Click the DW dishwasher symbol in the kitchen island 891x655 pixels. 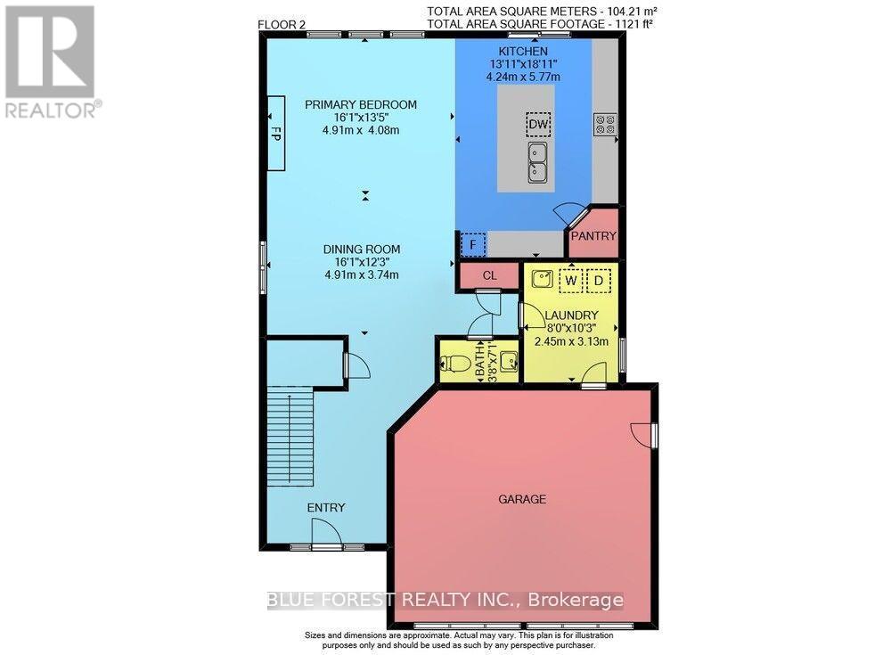point(537,124)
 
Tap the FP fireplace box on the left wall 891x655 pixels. point(276,134)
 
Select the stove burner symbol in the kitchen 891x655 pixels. point(606,124)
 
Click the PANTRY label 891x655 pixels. point(593,237)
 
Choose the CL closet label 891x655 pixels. point(489,275)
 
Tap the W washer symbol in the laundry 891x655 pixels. point(570,279)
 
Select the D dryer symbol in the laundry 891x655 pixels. point(601,279)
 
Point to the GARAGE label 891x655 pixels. point(521,500)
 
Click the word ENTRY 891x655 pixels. point(325,507)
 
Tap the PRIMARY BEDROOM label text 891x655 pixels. point(361,104)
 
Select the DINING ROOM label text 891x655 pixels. point(362,249)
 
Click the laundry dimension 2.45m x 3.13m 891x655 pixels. point(571,340)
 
